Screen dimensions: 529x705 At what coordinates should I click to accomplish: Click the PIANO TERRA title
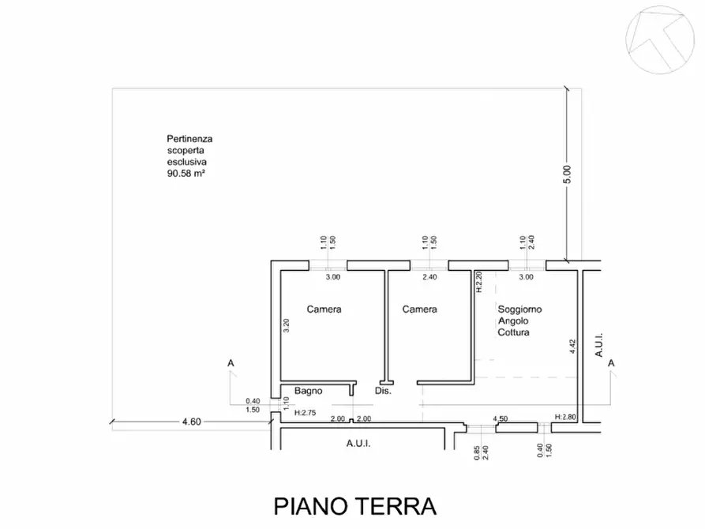click(x=354, y=505)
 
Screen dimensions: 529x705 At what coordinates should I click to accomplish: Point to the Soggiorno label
click(x=519, y=310)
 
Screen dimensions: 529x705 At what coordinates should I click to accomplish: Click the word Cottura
click(x=514, y=332)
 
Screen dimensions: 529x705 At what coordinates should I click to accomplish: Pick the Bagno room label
click(x=309, y=391)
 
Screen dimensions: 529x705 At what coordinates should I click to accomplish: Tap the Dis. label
click(x=383, y=391)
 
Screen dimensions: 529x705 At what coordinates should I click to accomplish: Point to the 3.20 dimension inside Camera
click(x=287, y=326)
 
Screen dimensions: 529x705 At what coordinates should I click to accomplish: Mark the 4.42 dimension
click(x=571, y=348)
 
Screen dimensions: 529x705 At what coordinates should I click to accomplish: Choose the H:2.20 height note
click(x=478, y=283)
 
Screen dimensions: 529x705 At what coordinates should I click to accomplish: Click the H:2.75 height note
click(x=306, y=413)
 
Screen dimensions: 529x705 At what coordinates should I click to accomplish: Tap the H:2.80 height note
click(x=567, y=417)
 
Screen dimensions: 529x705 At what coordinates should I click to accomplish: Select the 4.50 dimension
click(x=501, y=418)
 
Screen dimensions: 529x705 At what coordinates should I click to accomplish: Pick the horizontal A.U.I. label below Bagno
click(x=358, y=444)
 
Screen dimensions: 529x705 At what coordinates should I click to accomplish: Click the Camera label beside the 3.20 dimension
click(x=324, y=310)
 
